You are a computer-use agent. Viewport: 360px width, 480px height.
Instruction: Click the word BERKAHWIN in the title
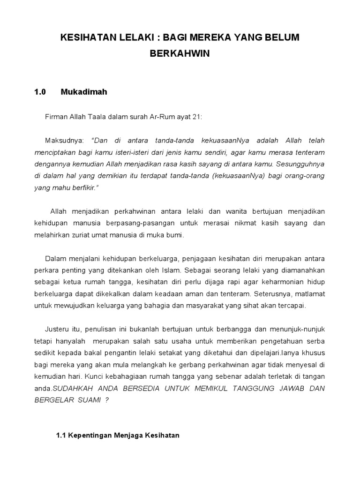point(180,54)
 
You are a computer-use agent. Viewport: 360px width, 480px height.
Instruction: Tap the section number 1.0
point(40,92)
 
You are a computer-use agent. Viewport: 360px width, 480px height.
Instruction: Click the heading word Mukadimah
point(84,92)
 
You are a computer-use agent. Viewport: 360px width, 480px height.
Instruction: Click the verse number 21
point(197,117)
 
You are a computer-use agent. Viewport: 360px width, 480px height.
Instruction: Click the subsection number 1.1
point(61,435)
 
